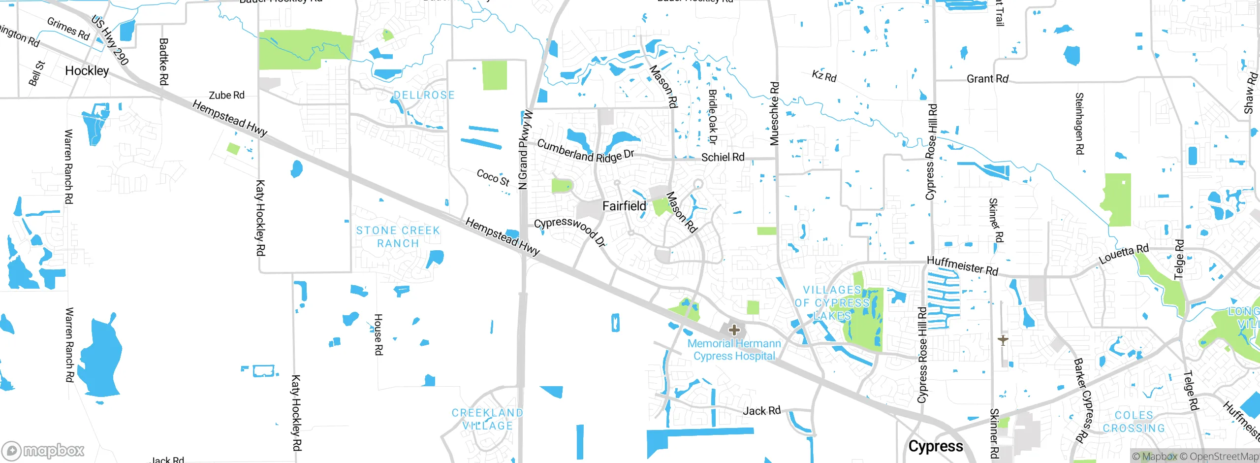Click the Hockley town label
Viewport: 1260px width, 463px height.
pyautogui.click(x=87, y=71)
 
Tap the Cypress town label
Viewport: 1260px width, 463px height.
pyautogui.click(x=935, y=446)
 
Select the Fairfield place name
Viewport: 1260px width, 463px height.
pyautogui.click(x=624, y=206)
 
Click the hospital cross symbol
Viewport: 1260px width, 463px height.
pyautogui.click(x=734, y=330)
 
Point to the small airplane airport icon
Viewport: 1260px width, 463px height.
pyautogui.click(x=1003, y=339)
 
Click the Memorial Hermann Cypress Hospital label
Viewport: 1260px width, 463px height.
pyautogui.click(x=734, y=350)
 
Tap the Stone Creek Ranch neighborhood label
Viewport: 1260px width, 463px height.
pyautogui.click(x=398, y=237)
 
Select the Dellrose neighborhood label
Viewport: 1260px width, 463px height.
pyautogui.click(x=424, y=95)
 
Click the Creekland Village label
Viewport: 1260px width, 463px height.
pyautogui.click(x=487, y=419)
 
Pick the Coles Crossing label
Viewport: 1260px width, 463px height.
pyautogui.click(x=1134, y=422)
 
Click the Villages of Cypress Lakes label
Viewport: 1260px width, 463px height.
pyautogui.click(x=832, y=303)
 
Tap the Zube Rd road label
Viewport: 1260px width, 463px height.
pyautogui.click(x=226, y=95)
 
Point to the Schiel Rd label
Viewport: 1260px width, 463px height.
pyautogui.click(x=723, y=157)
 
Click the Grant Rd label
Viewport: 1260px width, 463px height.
pyautogui.click(x=987, y=79)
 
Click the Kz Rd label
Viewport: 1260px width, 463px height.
pyautogui.click(x=824, y=76)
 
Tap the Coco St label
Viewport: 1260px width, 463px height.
pyautogui.click(x=493, y=178)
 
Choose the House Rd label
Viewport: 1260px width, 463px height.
pyautogui.click(x=378, y=334)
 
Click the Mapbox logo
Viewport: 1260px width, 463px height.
pyautogui.click(x=43, y=450)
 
